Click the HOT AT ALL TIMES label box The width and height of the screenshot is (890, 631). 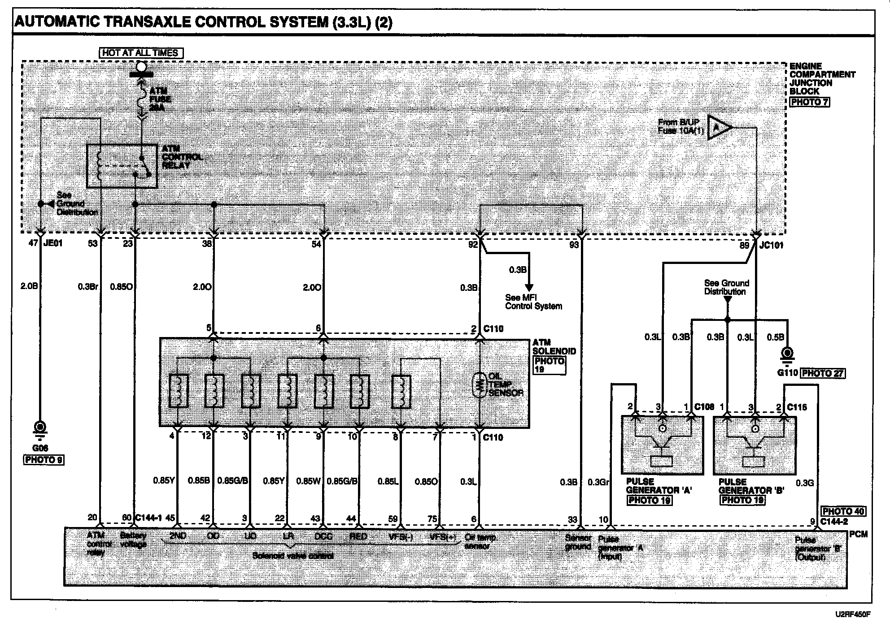click(x=141, y=53)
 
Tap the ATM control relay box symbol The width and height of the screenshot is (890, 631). click(x=122, y=166)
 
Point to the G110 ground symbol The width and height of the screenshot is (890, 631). click(x=787, y=355)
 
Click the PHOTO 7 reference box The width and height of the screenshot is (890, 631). click(x=809, y=102)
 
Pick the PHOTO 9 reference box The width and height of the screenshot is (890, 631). click(x=44, y=459)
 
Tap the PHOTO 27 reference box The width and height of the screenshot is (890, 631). click(x=823, y=373)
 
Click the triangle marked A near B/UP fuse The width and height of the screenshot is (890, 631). click(x=718, y=128)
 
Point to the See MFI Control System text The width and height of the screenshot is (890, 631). click(x=533, y=302)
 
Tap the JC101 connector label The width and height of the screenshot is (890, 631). click(x=771, y=245)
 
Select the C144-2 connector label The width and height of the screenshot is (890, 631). click(x=834, y=522)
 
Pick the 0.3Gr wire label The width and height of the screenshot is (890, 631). click(x=598, y=483)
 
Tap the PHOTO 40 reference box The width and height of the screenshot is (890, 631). click(x=843, y=511)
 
